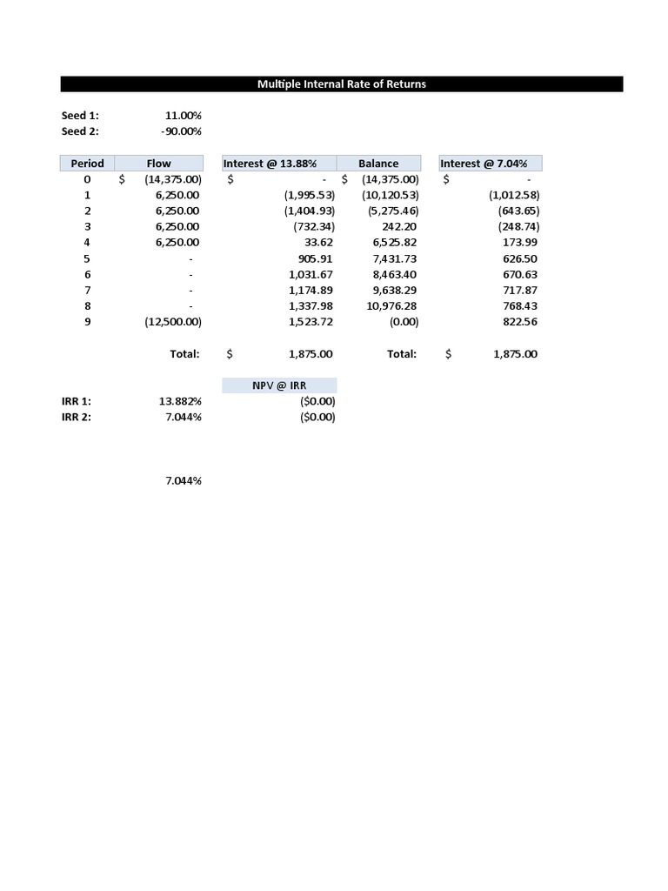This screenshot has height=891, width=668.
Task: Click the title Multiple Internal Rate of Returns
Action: tap(341, 84)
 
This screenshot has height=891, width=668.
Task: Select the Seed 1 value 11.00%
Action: tap(183, 116)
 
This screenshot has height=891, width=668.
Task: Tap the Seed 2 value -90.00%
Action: tap(181, 131)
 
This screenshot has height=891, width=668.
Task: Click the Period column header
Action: tap(87, 164)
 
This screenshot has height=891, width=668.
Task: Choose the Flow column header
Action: tap(159, 164)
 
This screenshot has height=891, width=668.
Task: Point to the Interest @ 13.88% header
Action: tap(269, 164)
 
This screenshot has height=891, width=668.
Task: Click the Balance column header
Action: tap(378, 164)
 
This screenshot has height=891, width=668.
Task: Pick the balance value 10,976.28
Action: tap(391, 306)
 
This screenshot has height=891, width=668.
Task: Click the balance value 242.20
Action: tap(400, 227)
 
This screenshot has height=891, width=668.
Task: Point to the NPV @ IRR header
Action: tap(279, 385)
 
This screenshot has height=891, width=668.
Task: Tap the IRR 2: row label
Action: tap(77, 417)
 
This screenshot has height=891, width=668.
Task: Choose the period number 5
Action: tap(87, 258)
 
